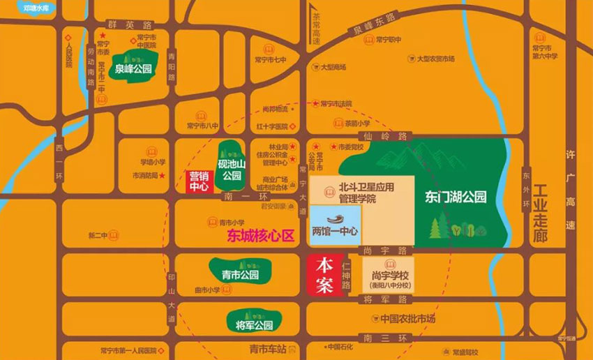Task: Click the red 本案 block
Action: point(325,276)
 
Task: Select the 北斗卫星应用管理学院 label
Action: point(367,193)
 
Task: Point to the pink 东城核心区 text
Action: point(260,237)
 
